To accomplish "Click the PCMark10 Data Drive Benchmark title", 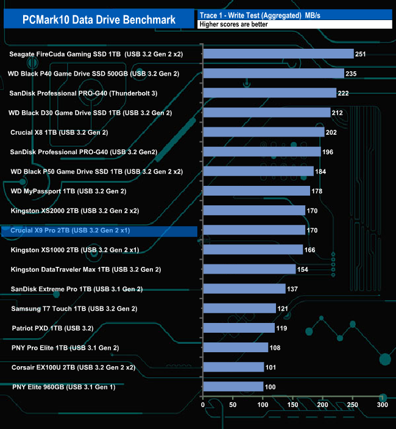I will tap(99, 19).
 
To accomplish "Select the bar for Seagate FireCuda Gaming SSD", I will tap(278, 54).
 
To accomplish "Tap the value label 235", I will tap(351, 74).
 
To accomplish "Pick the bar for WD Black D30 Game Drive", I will tap(266, 113).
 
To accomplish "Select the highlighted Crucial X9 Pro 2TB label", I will tap(70, 232).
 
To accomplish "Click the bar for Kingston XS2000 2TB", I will tap(253, 210).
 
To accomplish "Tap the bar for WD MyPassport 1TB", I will tap(256, 191).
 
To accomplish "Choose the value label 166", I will tap(309, 250).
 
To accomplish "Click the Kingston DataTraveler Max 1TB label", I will tap(86, 269).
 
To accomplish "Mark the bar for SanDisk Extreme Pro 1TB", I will tap(244, 289).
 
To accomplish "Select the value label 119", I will tap(281, 328).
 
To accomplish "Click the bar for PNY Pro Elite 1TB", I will tap(235, 347).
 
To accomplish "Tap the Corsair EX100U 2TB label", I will tap(73, 367).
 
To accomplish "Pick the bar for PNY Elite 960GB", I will tap(233, 386).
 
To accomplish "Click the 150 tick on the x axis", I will tap(292, 405).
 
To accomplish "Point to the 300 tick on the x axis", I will tap(382, 405).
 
